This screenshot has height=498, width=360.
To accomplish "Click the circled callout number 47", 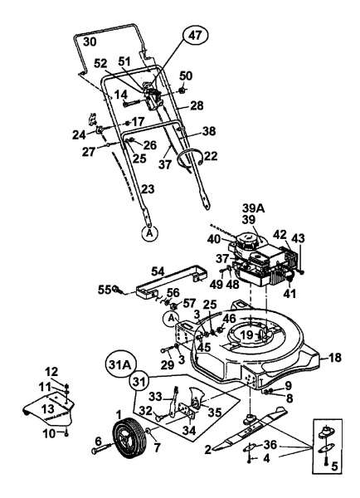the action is click(x=195, y=35).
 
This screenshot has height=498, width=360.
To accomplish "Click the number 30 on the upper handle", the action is click(x=90, y=41).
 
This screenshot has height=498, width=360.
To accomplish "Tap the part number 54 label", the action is click(x=158, y=271).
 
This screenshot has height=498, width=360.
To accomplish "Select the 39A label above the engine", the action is click(x=254, y=208).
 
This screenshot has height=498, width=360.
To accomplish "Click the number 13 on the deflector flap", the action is click(x=48, y=408).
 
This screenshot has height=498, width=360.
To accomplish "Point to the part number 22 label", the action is click(x=211, y=156).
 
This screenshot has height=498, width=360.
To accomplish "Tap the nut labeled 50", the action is click(x=182, y=90).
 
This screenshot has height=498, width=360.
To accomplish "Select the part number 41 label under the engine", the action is click(x=289, y=294).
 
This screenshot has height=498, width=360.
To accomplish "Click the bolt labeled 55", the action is click(x=116, y=289).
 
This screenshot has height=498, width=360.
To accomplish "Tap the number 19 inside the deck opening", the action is click(x=246, y=334).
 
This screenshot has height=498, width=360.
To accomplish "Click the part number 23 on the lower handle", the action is click(x=148, y=189).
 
